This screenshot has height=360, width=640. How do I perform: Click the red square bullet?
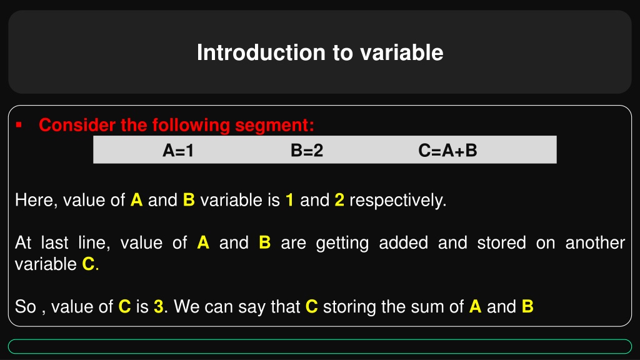point(18,125)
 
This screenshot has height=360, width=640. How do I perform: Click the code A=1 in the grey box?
point(178,151)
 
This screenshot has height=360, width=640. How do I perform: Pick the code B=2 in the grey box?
point(307,151)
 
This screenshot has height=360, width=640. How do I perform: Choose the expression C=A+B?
point(447,151)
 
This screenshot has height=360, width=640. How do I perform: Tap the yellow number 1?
point(290,200)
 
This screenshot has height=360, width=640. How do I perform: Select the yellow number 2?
point(339,200)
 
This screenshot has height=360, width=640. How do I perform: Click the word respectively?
point(398,201)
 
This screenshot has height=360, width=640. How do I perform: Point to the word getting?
point(342,244)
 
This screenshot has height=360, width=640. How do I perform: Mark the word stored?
point(502,243)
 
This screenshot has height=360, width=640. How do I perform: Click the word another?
point(595,243)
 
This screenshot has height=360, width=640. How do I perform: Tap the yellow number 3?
point(158,306)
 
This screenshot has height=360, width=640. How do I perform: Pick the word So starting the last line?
point(25,306)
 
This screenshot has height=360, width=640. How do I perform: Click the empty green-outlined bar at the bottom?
point(320,346)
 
